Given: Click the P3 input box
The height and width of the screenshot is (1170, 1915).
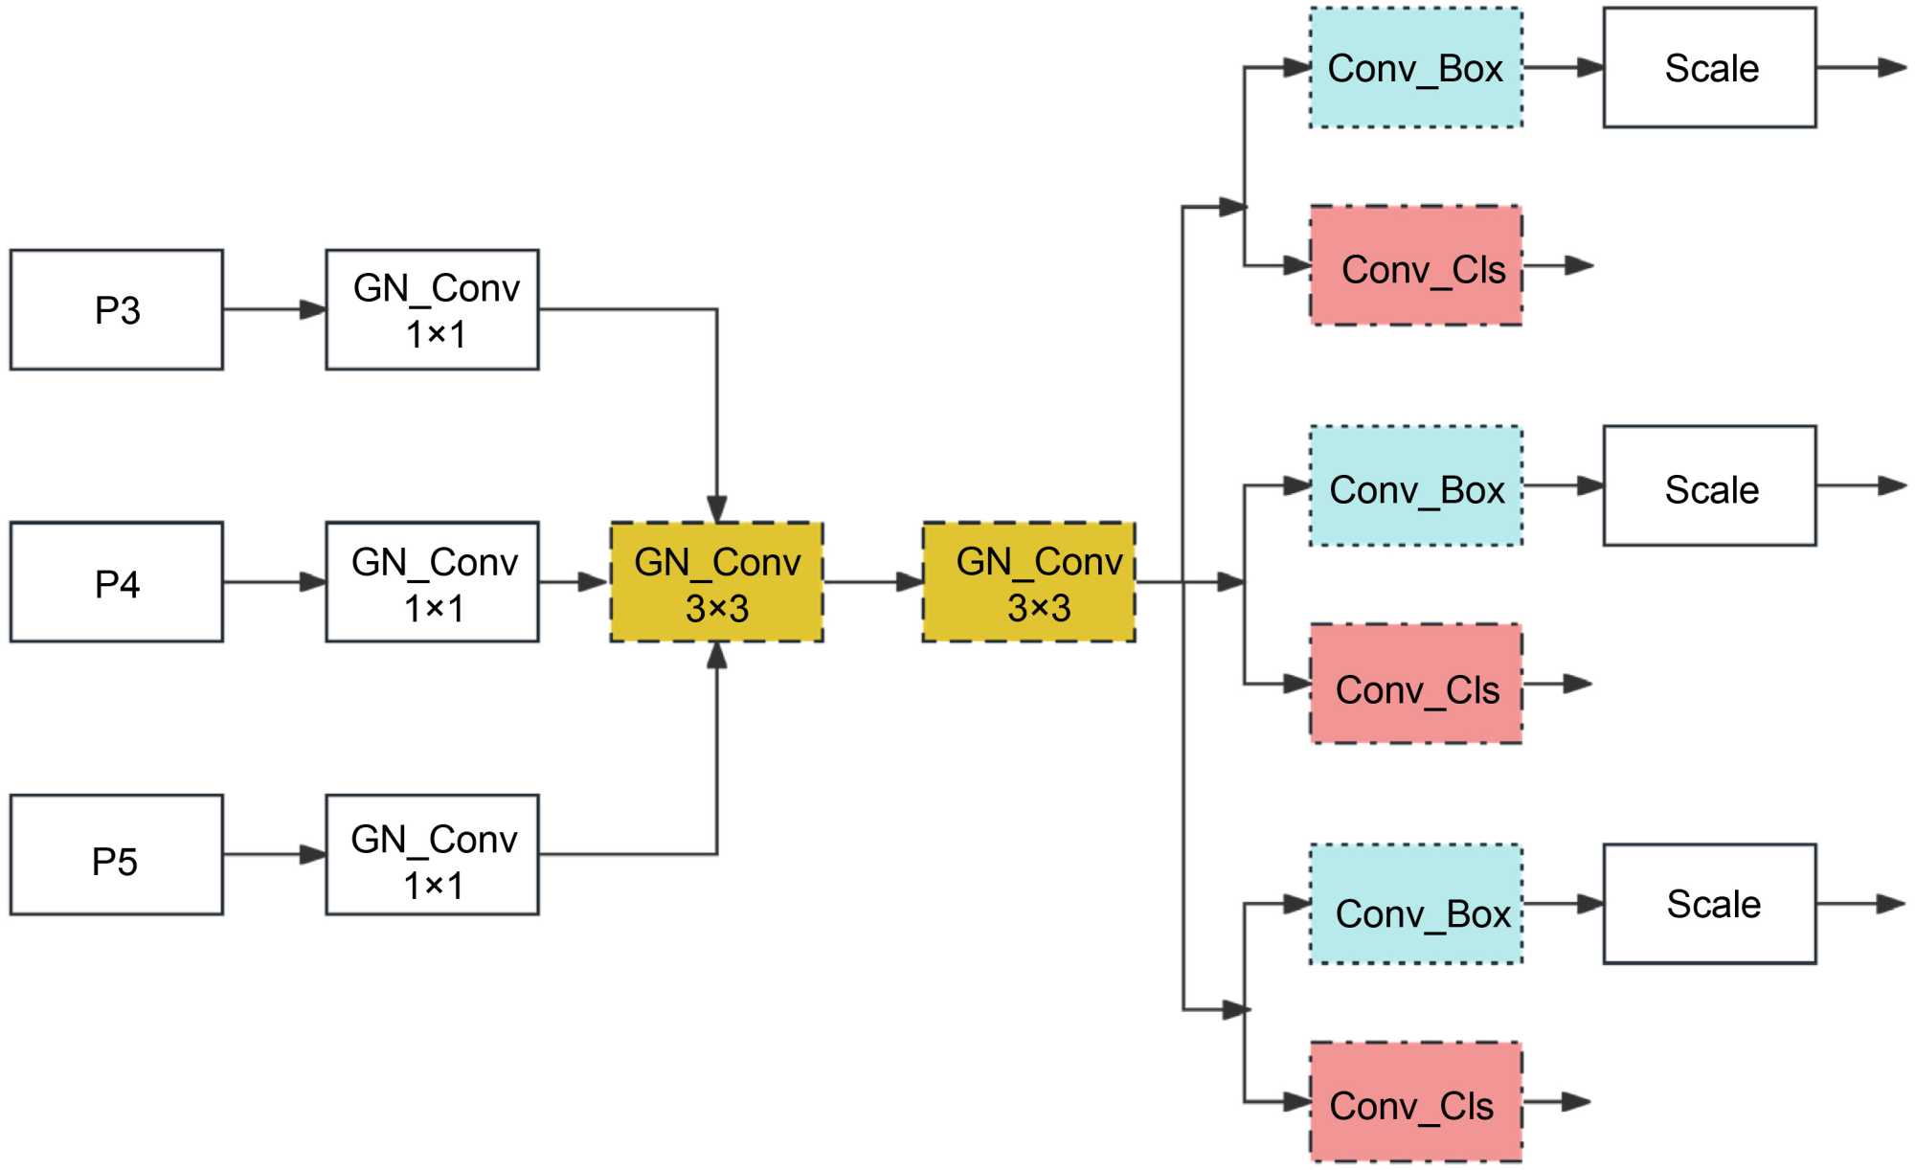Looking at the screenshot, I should coord(117,310).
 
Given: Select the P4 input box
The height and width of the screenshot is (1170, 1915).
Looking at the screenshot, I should coord(117,582).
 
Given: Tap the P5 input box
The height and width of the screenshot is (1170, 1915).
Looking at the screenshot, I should coord(117,855).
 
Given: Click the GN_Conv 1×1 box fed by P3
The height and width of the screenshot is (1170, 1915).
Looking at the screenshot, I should coord(433,310).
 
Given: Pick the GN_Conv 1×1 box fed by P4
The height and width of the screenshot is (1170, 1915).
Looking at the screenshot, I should coord(433,582).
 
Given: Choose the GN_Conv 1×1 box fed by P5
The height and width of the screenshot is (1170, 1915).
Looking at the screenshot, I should coord(433,855).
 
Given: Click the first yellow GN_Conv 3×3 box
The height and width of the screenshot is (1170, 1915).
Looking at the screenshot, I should coord(717,582).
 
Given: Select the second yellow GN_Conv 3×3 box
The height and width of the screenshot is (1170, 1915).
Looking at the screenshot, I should coord(1029,582).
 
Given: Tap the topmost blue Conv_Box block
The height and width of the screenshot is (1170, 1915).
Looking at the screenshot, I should coord(1416,68).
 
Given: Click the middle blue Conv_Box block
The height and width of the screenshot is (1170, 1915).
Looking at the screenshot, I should coord(1416,486).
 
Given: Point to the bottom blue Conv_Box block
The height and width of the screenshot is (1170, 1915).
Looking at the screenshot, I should coord(1416,905).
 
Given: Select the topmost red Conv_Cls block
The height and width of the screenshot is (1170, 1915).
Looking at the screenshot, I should coord(1416,266).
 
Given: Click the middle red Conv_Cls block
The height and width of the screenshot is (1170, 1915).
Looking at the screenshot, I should coord(1416,684).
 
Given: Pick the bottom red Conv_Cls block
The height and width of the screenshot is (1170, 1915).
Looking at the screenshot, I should coord(1416,1102).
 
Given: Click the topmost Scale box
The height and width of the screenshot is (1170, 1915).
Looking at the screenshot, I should coord(1710,68).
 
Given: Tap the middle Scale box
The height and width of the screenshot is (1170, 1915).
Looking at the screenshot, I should coord(1710,486).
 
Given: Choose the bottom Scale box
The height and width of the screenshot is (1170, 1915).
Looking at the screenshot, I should coord(1710,905).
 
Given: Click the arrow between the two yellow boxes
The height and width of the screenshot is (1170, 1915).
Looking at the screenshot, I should coord(872,582).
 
